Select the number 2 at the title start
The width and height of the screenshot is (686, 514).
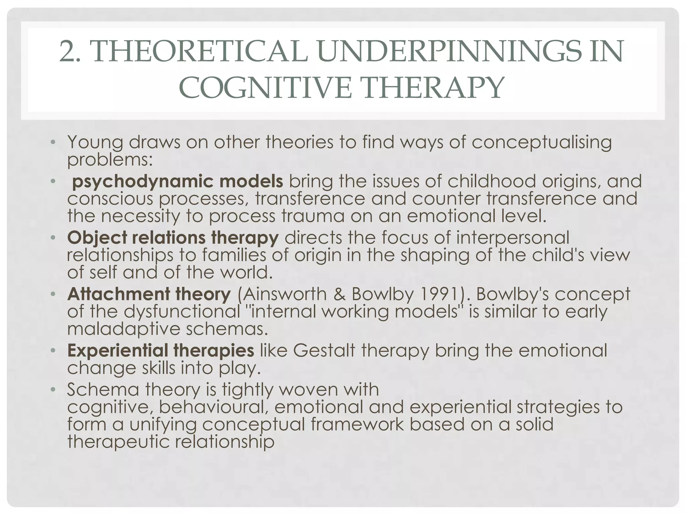[x=67, y=51]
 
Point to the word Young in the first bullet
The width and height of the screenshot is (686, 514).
[x=95, y=142]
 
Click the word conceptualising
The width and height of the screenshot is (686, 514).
[x=542, y=142]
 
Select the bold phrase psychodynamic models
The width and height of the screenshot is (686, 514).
[x=178, y=182]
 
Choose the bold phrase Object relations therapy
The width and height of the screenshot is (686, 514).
[x=173, y=238]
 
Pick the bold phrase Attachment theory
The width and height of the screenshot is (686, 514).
[x=149, y=294]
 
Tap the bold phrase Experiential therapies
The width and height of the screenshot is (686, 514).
[x=161, y=351]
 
